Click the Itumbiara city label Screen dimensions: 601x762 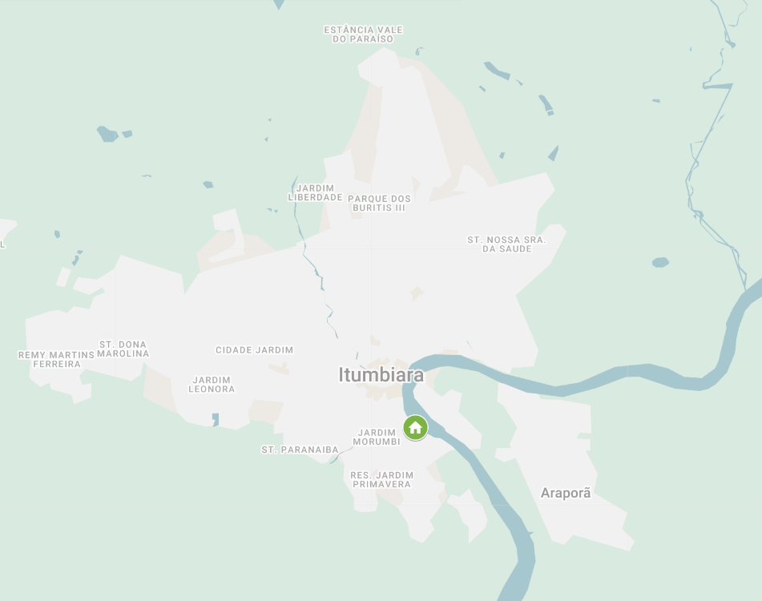tap(381, 374)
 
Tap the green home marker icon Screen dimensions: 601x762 tap(415, 427)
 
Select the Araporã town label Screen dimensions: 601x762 tap(566, 493)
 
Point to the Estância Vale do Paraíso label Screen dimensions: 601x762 tap(363, 34)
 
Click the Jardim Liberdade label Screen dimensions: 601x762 tap(315, 192)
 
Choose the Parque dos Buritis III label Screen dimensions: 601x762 tap(379, 203)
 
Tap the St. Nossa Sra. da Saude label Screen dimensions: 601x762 tap(506, 244)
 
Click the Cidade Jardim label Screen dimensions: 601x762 tap(254, 350)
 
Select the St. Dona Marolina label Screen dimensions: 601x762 tap(123, 349)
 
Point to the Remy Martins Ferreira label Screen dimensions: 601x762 tap(56, 359)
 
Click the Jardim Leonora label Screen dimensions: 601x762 tap(212, 385)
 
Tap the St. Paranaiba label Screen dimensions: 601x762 tap(300, 450)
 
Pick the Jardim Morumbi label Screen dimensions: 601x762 tap(377, 438)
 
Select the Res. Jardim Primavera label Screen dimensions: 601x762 tap(381, 479)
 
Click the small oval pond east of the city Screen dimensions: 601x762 tap(660, 262)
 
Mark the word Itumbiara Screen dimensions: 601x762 tap(381, 374)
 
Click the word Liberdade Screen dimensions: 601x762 tap(315, 197)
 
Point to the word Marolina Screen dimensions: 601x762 tap(123, 353)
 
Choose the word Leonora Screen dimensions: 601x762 tap(212, 389)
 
